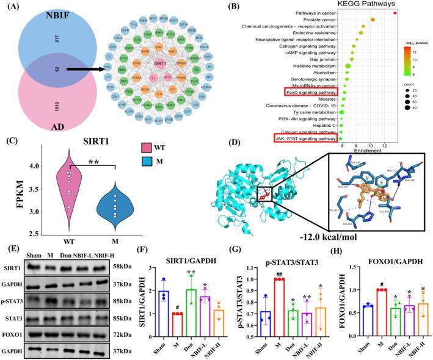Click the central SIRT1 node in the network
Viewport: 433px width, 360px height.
pos(161,63)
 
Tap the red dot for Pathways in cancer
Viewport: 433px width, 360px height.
pos(396,13)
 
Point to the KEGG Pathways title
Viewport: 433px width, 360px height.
pos(342,5)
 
